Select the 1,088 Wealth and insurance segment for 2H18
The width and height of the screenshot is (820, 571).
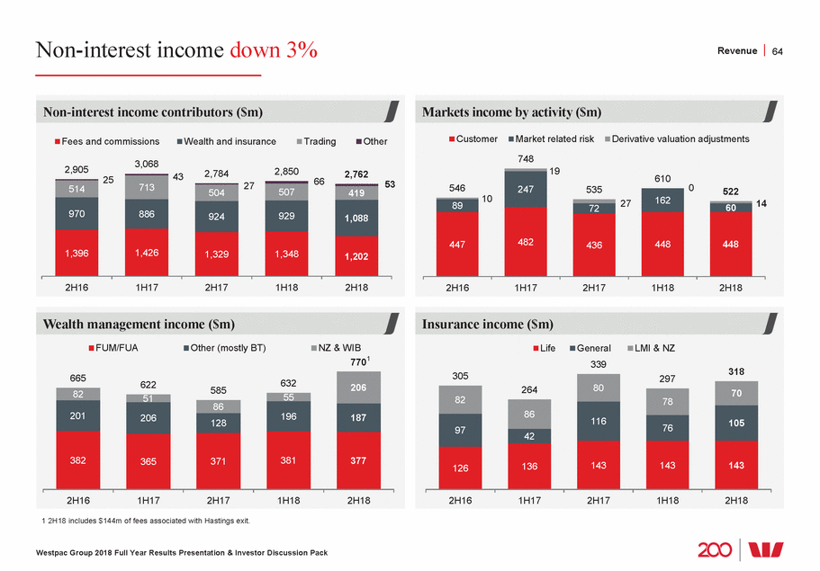(x=359, y=219)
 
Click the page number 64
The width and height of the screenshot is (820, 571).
(x=778, y=50)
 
